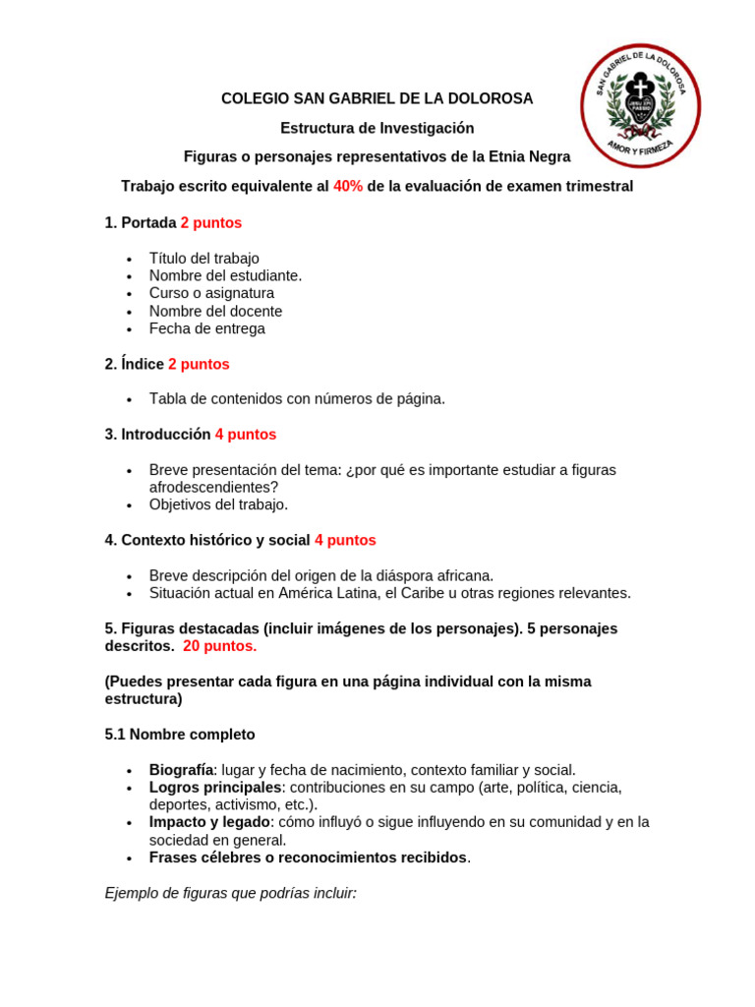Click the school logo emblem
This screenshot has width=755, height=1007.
pyautogui.click(x=640, y=106)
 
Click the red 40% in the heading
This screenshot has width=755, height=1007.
pyautogui.click(x=348, y=187)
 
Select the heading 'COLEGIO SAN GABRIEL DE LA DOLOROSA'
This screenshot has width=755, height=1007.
pyautogui.click(x=377, y=99)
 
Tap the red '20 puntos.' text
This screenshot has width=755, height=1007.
pyautogui.click(x=219, y=646)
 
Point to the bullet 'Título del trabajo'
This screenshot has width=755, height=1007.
pyautogui.click(x=203, y=259)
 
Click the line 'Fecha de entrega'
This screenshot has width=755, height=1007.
pyautogui.click(x=206, y=329)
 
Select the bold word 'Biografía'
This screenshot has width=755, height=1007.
pyautogui.click(x=181, y=770)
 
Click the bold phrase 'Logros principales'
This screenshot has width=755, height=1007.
pyautogui.click(x=215, y=788)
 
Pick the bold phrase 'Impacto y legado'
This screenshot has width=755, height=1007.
pyautogui.click(x=209, y=822)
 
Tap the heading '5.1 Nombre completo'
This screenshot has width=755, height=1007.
pyautogui.click(x=180, y=735)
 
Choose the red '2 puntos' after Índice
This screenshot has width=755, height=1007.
pyautogui.click(x=199, y=365)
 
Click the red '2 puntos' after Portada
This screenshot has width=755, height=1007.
pyautogui.click(x=210, y=223)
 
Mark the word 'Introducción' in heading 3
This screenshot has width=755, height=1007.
pyautogui.click(x=165, y=435)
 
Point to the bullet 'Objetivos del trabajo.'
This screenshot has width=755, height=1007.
pyautogui.click(x=218, y=504)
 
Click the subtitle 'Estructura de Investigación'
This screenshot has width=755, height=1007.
pyautogui.click(x=377, y=129)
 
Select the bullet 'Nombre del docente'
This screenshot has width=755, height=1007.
pyautogui.click(x=215, y=312)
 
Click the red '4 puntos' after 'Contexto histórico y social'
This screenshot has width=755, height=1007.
pyautogui.click(x=345, y=541)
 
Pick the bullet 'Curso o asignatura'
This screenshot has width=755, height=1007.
pyautogui.click(x=211, y=294)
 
